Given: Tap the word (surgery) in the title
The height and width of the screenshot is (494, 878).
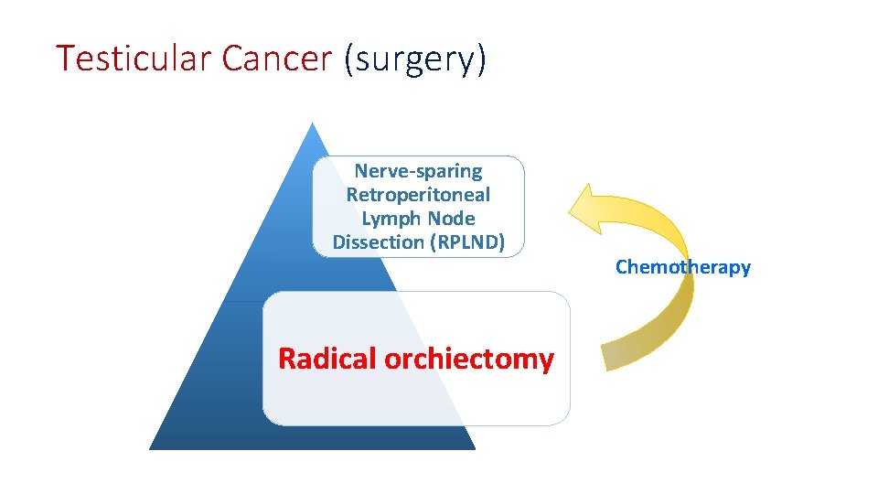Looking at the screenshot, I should pos(416,59).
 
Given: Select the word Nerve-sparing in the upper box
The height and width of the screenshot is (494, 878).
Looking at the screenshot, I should pos(418,171).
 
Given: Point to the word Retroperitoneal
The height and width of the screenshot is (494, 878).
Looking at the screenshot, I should pos(418,195).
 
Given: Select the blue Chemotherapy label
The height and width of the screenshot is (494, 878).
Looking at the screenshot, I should pos(682,267).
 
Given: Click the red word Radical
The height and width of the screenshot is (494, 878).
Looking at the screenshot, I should pos(327,359).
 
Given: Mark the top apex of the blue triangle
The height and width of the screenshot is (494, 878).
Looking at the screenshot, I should pos(313,123).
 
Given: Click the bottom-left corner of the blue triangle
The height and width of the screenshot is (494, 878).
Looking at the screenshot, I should pos(151,448).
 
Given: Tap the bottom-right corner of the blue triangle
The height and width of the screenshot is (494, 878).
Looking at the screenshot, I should pos(475,448).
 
